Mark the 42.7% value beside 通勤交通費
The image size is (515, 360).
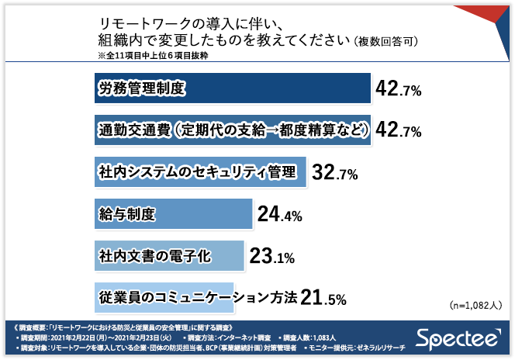(398, 130)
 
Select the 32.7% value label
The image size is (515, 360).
(334, 172)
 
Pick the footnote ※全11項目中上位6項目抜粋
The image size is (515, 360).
(152, 56)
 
